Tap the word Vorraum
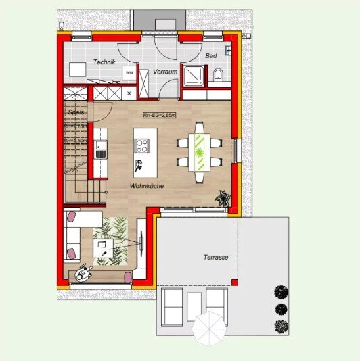point(165,71)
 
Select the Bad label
point(210,57)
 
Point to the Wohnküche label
point(148,185)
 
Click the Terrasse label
point(216,258)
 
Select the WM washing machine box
point(129,72)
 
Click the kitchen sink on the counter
point(101,149)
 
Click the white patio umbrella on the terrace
point(209,329)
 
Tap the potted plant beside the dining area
point(222,198)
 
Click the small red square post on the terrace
point(234,281)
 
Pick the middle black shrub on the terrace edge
point(281,309)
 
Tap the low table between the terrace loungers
point(194,306)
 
